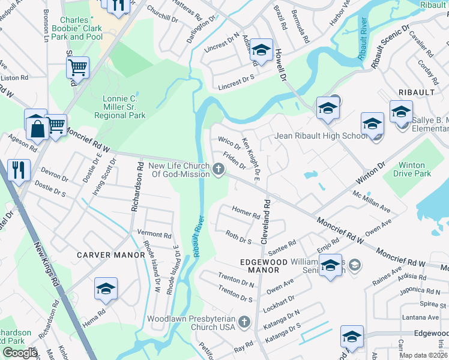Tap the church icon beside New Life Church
tap(219, 170)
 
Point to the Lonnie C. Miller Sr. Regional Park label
tap(120, 107)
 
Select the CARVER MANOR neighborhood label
tap(111, 255)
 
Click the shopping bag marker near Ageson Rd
tap(36, 127)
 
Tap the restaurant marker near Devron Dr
tap(19, 170)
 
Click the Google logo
tap(19, 353)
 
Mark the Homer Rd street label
tap(246, 212)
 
